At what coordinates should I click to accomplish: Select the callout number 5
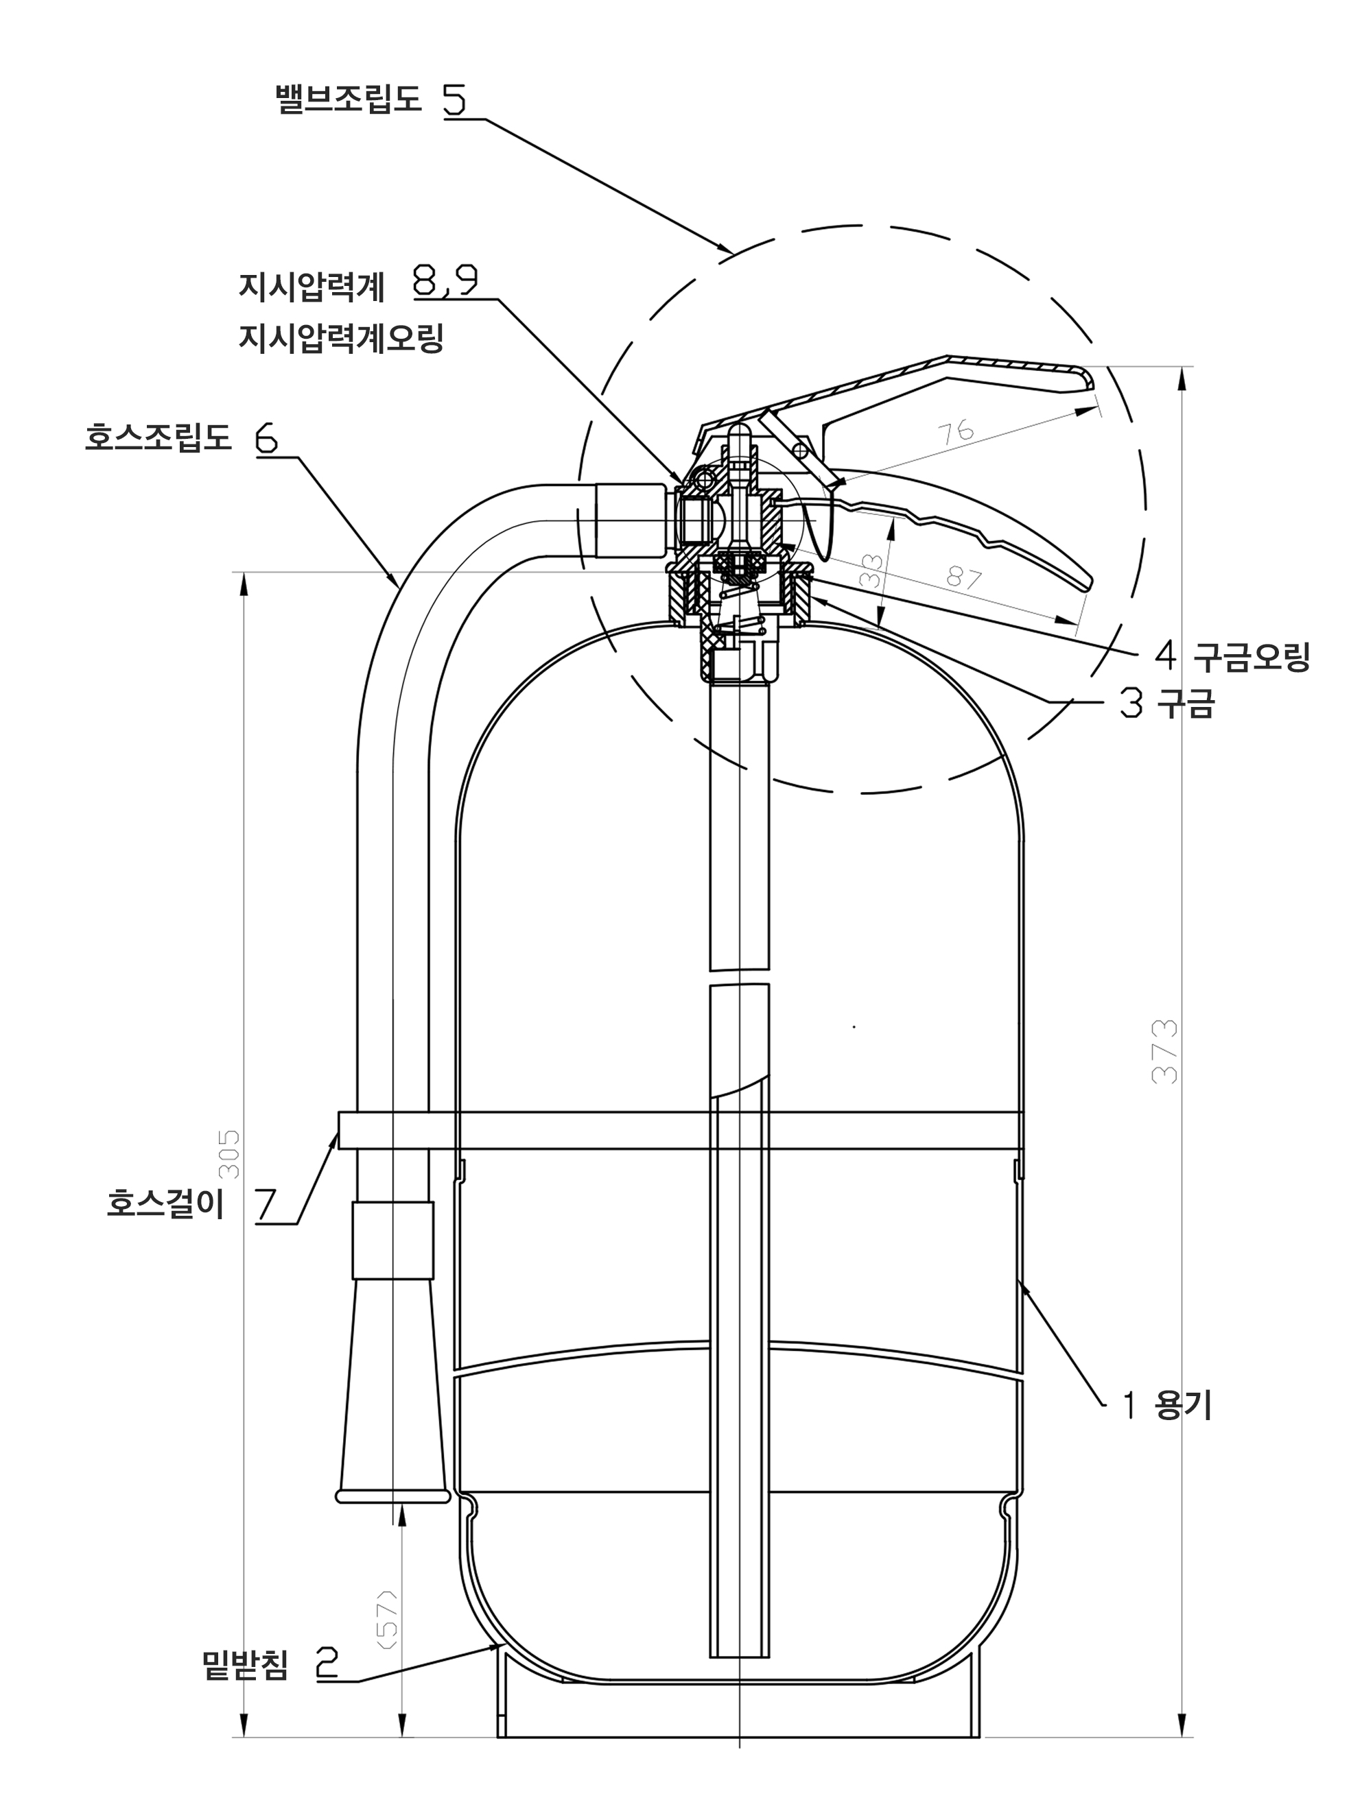(x=455, y=99)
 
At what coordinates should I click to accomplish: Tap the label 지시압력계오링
(x=341, y=337)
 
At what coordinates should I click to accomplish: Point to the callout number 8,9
(x=445, y=282)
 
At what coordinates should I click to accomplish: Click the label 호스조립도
(x=158, y=437)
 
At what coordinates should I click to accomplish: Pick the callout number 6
(x=266, y=439)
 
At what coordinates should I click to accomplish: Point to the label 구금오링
(x=1252, y=657)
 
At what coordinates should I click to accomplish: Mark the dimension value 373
(x=1165, y=1051)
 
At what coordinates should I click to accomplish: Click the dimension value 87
(x=965, y=578)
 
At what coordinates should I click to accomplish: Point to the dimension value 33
(x=871, y=571)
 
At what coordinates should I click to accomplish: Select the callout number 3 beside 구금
(x=1131, y=702)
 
